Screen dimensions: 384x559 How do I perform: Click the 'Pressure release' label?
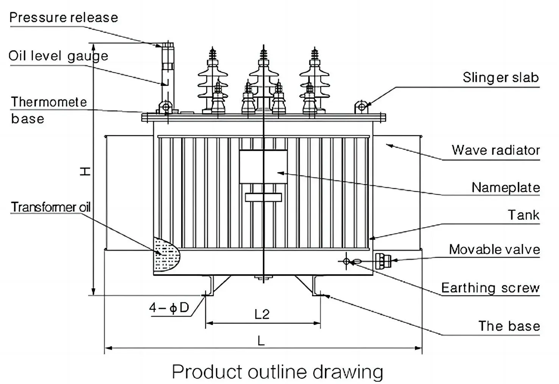(x=64, y=17)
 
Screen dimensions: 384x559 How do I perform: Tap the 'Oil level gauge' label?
(x=58, y=56)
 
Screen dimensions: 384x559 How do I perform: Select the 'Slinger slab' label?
(x=500, y=78)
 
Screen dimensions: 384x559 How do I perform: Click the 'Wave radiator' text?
(x=495, y=150)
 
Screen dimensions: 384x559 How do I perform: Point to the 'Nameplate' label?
(x=505, y=187)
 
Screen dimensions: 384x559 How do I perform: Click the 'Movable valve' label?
(x=494, y=249)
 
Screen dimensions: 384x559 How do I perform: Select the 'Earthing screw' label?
(x=490, y=288)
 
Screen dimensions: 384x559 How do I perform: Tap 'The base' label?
(x=509, y=326)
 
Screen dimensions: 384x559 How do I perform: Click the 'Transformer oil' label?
(x=51, y=207)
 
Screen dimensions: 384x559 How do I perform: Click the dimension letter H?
(x=86, y=171)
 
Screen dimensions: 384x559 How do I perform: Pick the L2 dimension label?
(x=262, y=314)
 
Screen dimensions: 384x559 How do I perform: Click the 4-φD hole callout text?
(x=169, y=308)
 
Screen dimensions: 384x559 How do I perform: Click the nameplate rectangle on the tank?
(x=263, y=167)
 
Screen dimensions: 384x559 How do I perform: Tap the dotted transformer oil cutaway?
(x=165, y=253)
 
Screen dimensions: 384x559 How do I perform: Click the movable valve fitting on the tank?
(x=382, y=260)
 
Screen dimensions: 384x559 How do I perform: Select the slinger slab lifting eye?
(x=362, y=107)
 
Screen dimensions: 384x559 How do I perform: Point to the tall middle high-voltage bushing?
(x=263, y=76)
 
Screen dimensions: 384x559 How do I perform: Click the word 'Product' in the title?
(x=207, y=372)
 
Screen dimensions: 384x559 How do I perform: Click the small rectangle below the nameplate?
(x=263, y=197)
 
